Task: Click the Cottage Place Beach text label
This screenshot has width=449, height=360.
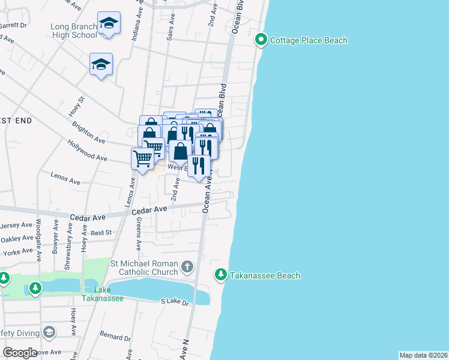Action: point(309,41)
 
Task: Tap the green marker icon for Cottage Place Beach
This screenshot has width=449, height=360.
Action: point(261,40)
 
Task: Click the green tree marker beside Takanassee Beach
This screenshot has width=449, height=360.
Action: point(221,275)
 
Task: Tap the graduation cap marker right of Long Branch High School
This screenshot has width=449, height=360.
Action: point(109,23)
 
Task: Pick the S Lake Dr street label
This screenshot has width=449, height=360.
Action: point(175,302)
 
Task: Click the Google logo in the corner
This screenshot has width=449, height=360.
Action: point(20,353)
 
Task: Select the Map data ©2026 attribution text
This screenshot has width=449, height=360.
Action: point(423,355)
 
